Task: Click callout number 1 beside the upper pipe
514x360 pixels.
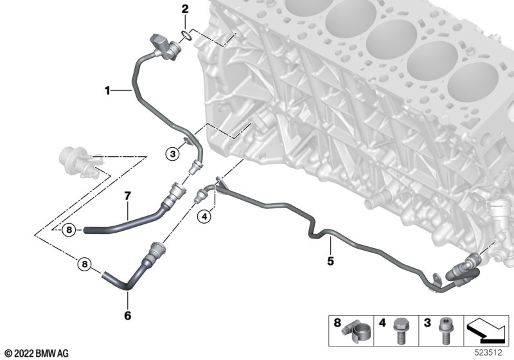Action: pos(107,90)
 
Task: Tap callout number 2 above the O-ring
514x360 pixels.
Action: pos(185,9)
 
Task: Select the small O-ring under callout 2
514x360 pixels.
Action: pos(186,35)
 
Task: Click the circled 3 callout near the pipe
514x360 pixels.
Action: pos(173,154)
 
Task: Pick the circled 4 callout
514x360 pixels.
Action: pos(204,217)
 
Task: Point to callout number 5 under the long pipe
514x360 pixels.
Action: pos(330,261)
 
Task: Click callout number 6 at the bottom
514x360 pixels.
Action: pos(127,316)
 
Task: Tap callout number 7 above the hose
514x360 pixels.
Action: pos(127,196)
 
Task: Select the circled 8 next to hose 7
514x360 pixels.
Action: pos(69,230)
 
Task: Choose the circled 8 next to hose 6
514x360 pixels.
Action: pos(85,264)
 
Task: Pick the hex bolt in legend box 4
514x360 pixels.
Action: pos(400,331)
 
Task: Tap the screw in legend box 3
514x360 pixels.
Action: pos(445,332)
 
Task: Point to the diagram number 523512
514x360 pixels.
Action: pos(488,352)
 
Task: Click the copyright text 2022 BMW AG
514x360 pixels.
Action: pos(37,354)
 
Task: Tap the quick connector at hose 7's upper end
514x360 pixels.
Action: pos(174,194)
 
